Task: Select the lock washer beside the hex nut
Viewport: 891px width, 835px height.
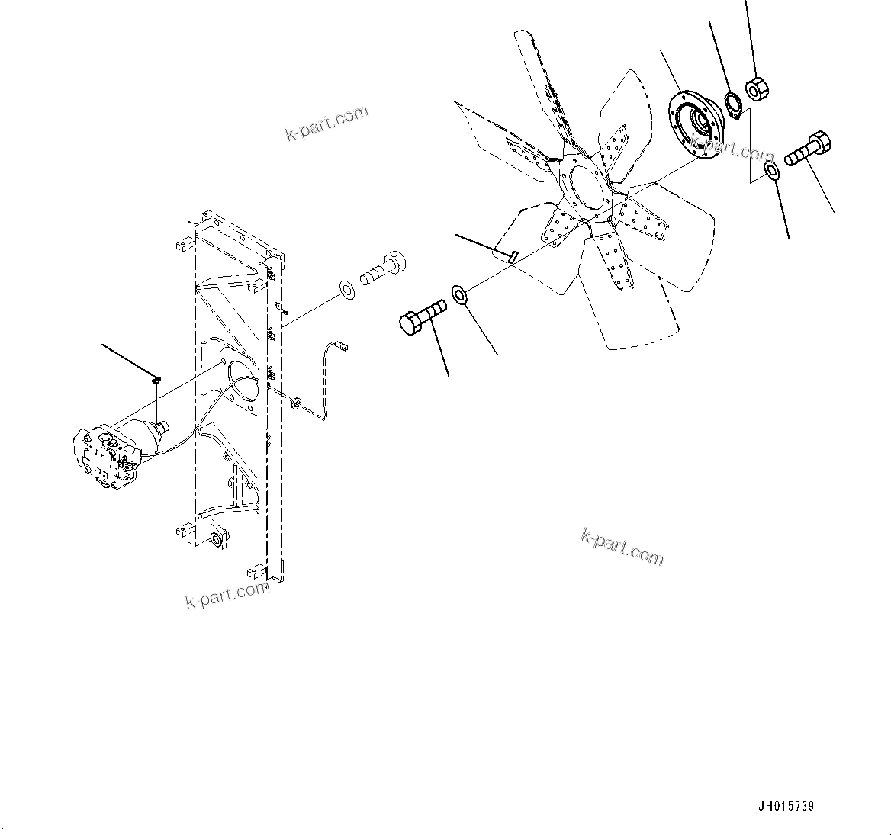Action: [x=732, y=104]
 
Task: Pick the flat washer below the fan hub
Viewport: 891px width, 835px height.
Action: [x=771, y=172]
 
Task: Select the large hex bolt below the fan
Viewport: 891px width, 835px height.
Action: [x=420, y=314]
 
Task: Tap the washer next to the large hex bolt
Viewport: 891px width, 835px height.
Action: [x=459, y=294]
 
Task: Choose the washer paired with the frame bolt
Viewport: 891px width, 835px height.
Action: [x=346, y=289]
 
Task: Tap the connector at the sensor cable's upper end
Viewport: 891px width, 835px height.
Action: [x=343, y=347]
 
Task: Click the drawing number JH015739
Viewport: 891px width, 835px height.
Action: [x=786, y=807]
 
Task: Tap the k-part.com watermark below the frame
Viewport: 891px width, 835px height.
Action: [x=227, y=593]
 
